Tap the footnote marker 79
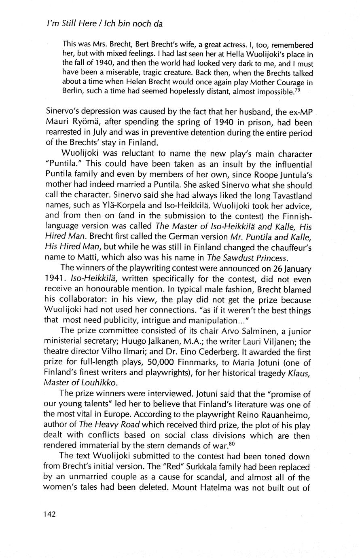[297, 89]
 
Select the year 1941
[55, 279]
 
